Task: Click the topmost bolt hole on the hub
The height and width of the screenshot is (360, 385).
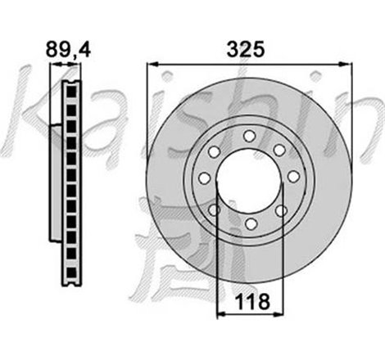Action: (248, 136)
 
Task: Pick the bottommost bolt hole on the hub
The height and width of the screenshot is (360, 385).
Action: (248, 222)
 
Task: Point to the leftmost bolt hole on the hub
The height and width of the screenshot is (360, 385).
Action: (205, 179)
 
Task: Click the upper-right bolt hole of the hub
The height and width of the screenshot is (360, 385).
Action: (279, 149)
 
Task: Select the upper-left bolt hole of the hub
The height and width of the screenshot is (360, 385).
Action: (217, 149)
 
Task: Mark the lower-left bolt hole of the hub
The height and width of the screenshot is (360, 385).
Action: (215, 210)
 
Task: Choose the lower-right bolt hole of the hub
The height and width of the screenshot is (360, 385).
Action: (280, 210)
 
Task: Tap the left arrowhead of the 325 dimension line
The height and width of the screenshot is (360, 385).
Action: (152, 66)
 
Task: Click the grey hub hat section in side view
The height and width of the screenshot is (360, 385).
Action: (54, 180)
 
